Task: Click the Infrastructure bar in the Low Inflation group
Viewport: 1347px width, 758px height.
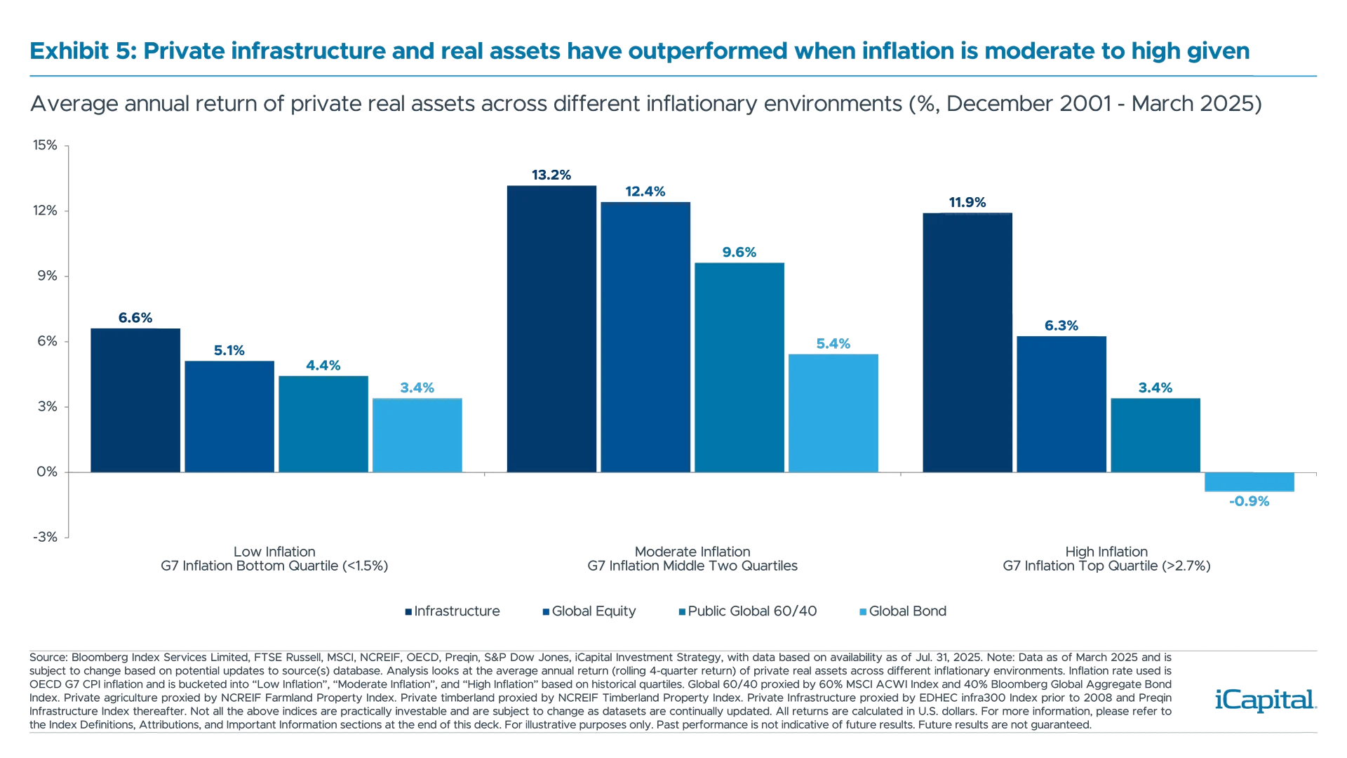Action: [x=135, y=399]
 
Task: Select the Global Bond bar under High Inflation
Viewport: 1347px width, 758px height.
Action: [x=1249, y=483]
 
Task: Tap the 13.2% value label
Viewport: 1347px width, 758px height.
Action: [x=551, y=175]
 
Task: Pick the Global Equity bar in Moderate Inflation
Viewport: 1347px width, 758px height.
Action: [x=645, y=337]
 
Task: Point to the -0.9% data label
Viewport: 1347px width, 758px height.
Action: [x=1249, y=501]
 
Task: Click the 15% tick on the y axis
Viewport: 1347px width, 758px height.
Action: [x=46, y=145]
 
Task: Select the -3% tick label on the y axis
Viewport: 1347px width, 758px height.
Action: [x=46, y=537]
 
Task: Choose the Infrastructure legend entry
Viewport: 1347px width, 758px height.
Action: [x=453, y=611]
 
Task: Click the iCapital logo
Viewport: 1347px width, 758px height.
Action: [x=1263, y=700]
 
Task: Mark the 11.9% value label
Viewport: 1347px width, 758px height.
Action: [x=967, y=203]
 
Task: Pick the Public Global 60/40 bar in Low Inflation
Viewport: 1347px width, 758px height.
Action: [x=323, y=424]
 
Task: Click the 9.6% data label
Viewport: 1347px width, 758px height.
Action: [x=739, y=253]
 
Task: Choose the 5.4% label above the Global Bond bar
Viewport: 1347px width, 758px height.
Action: [x=833, y=344]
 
